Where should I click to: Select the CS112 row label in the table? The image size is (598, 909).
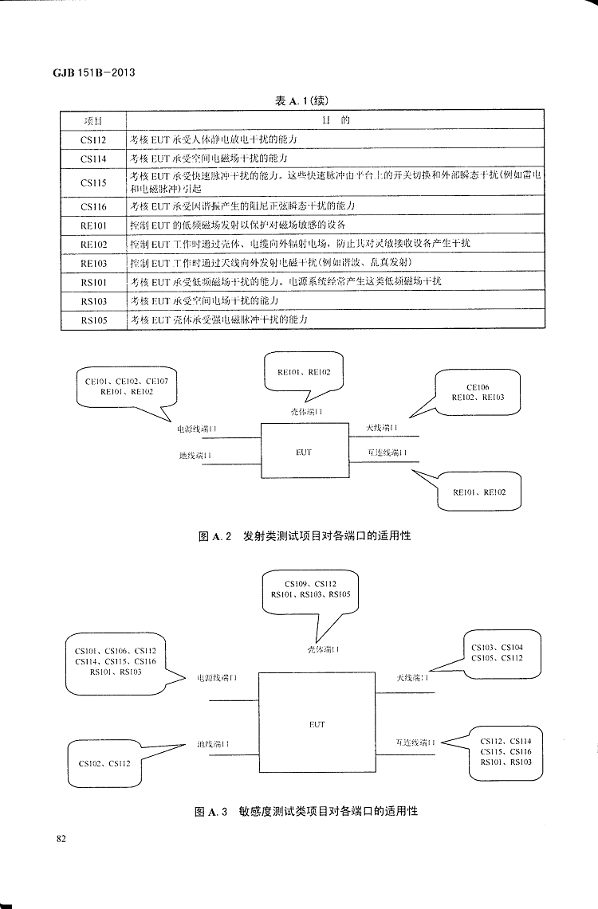(93, 139)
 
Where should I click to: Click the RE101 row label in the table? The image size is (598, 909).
(93, 225)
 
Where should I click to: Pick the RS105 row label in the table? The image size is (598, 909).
(93, 320)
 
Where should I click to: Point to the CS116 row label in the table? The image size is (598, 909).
(93, 206)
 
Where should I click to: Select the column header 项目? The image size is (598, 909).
(93, 120)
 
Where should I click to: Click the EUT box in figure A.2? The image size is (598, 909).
(304, 452)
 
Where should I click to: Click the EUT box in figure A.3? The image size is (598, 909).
(317, 724)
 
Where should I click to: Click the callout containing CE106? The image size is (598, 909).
(478, 392)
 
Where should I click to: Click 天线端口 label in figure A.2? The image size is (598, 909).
(382, 429)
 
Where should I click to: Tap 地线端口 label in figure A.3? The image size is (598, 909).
(215, 745)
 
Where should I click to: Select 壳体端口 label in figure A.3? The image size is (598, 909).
(324, 649)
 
